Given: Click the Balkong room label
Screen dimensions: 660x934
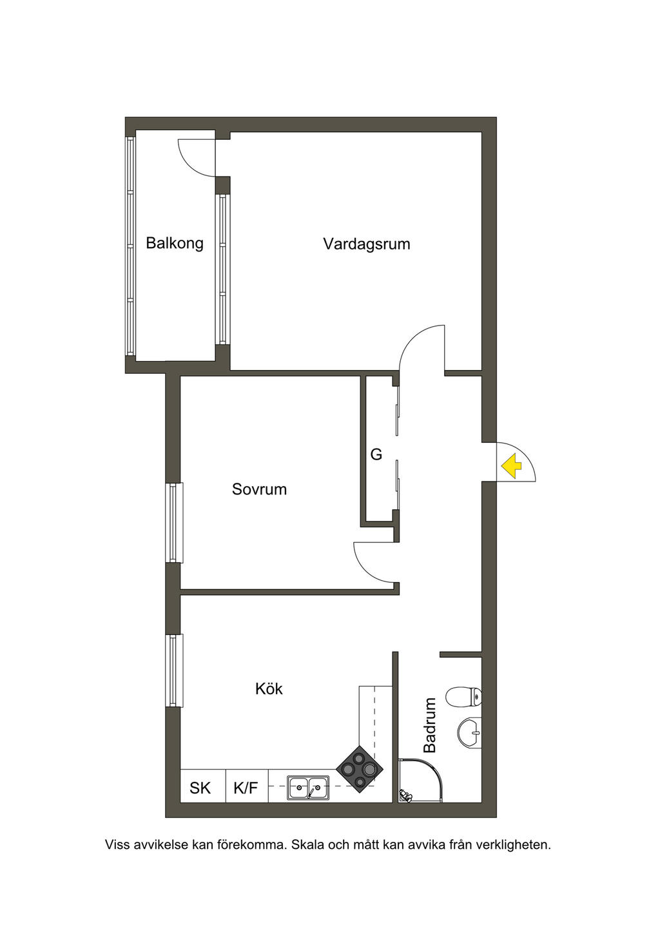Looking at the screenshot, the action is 175,244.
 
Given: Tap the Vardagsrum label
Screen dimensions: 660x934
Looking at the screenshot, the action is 367,244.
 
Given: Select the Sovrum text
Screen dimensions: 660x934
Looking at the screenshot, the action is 259,489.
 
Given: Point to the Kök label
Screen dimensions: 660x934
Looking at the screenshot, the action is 269,689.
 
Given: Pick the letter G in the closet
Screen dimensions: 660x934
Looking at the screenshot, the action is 376,454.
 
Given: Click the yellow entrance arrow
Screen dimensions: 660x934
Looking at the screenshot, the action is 511,466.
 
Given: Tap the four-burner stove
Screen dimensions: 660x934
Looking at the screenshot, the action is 360,769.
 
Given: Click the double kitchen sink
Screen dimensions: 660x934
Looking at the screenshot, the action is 307,788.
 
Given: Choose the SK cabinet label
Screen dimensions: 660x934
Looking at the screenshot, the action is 200,788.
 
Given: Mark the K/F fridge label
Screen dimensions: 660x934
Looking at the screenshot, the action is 246,788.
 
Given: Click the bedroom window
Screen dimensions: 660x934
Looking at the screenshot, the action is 174,523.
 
